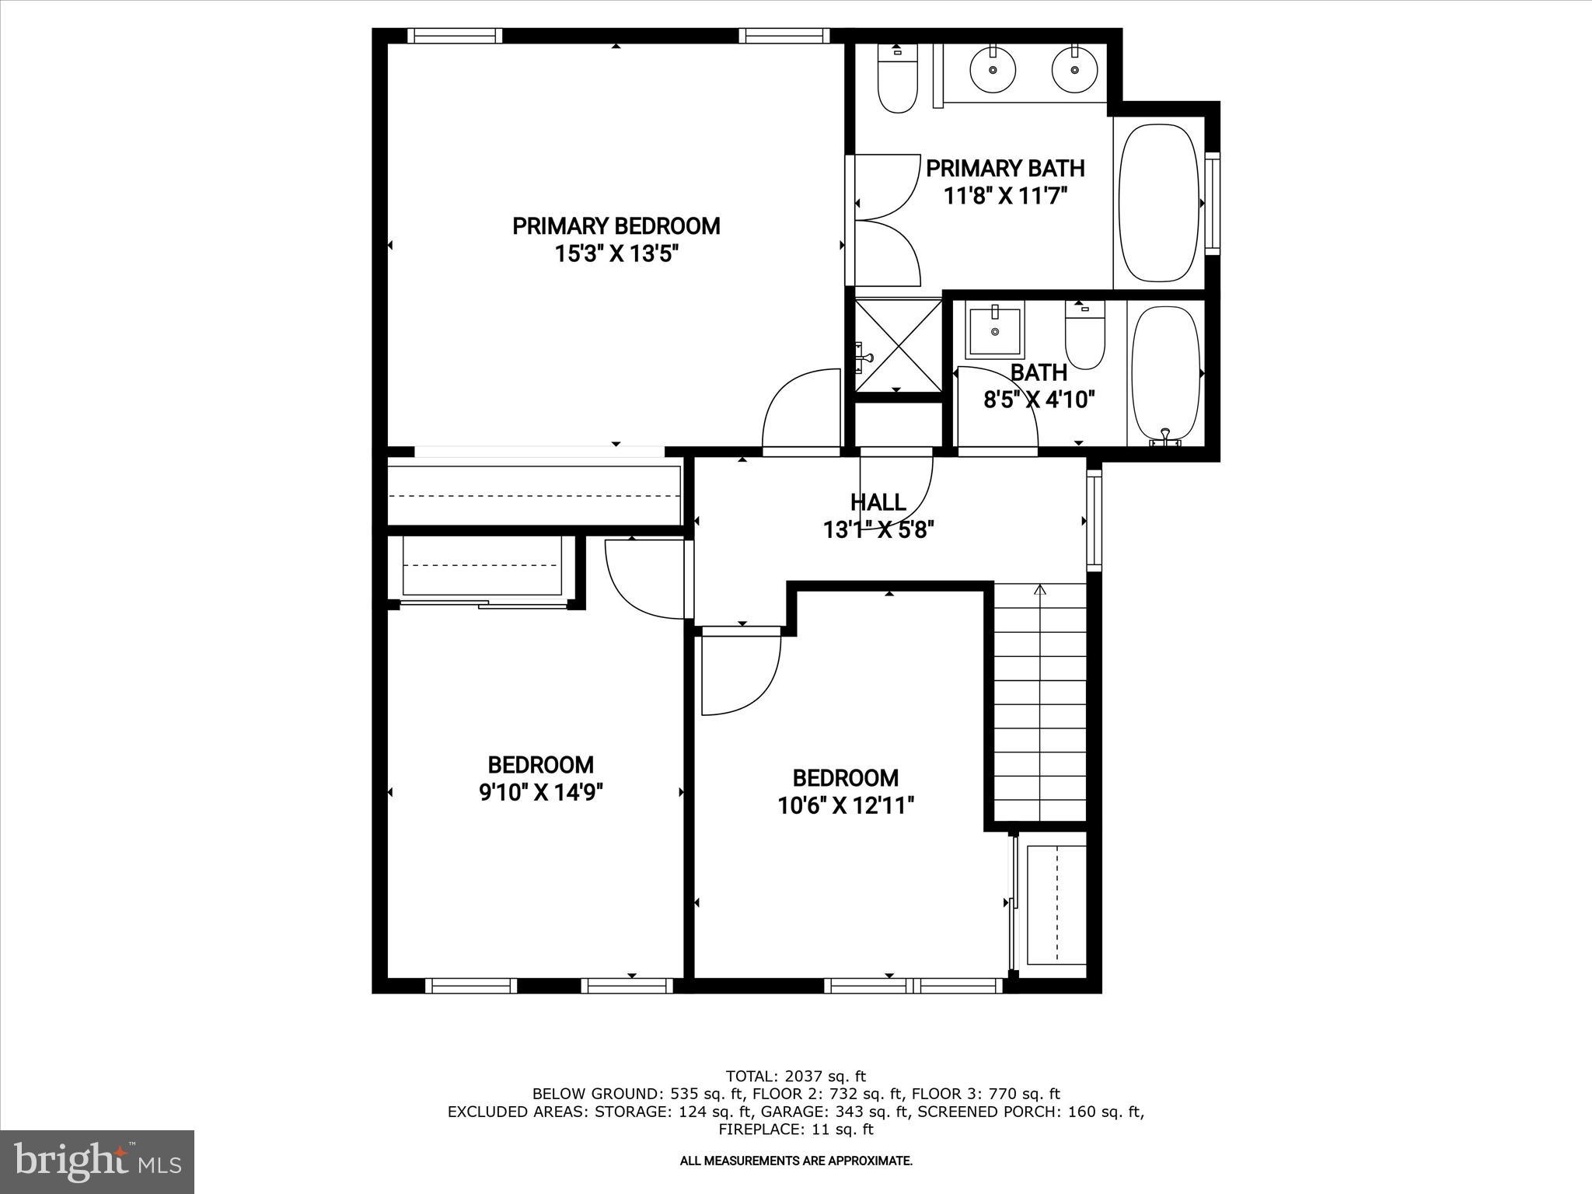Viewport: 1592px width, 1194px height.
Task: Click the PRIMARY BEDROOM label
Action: (x=616, y=226)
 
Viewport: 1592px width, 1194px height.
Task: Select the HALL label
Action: (x=878, y=502)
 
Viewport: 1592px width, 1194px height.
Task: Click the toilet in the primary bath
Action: (x=897, y=79)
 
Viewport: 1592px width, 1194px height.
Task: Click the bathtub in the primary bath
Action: (x=1159, y=203)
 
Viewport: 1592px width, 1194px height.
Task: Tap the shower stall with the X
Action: (x=897, y=345)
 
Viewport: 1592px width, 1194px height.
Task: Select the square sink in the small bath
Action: (x=995, y=329)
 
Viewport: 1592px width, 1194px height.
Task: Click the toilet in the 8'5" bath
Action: (x=1084, y=336)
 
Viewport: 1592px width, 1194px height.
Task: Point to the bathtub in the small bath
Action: (x=1165, y=374)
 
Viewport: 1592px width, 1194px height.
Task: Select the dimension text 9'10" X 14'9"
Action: (x=541, y=793)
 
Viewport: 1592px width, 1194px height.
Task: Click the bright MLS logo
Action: (x=97, y=1161)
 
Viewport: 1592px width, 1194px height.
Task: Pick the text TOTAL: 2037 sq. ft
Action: (x=795, y=1077)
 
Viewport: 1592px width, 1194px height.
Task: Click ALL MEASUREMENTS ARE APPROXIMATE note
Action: (x=795, y=1161)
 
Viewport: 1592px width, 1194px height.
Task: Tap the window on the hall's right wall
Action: (x=1094, y=520)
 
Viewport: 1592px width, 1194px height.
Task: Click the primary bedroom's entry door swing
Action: (x=801, y=412)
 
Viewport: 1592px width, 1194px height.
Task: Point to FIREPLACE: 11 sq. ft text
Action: (x=795, y=1129)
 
